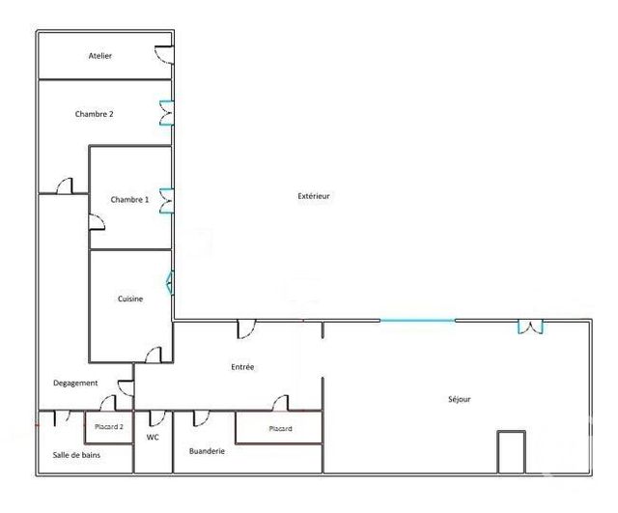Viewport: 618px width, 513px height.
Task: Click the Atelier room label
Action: (100, 56)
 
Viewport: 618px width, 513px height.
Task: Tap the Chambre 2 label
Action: (95, 114)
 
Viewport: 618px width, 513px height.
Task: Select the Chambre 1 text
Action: (129, 199)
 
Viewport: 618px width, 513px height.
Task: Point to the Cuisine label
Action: (130, 299)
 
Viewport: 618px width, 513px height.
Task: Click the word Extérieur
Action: (314, 196)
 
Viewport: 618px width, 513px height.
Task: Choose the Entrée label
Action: (242, 367)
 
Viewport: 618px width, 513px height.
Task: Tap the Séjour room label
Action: (460, 398)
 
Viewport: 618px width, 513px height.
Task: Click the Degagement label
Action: (75, 384)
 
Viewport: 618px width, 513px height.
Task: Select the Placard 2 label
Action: (109, 426)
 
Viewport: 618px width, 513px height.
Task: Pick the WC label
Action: (153, 438)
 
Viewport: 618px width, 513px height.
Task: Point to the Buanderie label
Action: (208, 450)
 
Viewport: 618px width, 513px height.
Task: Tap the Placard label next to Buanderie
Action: (281, 428)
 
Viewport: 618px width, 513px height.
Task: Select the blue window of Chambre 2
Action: (166, 114)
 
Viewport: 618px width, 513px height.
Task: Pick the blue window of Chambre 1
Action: (166, 199)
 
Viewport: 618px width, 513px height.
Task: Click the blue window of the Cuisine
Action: (170, 282)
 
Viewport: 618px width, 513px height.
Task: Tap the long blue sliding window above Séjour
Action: (417, 321)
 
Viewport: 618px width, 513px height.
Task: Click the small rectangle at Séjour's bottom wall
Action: (511, 452)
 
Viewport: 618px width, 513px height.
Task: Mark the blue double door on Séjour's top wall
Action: (529, 327)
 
